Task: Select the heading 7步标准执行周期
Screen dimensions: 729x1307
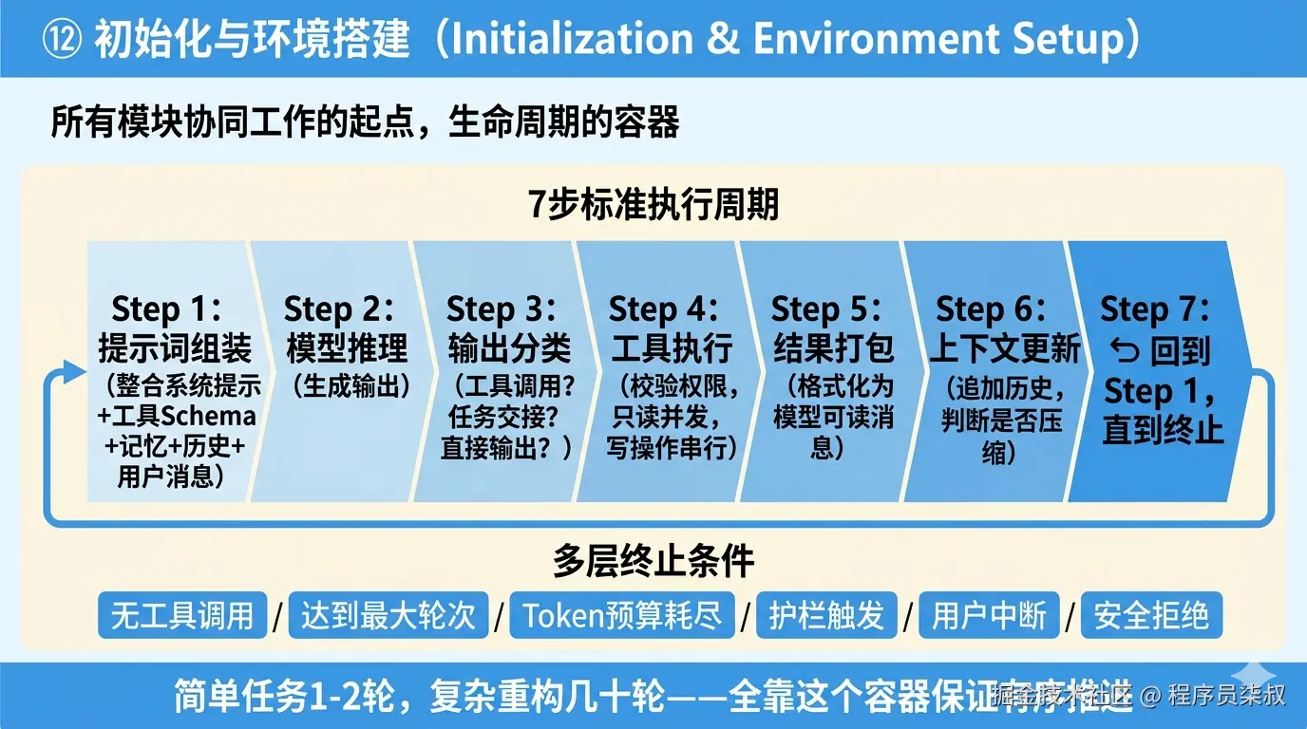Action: click(x=653, y=204)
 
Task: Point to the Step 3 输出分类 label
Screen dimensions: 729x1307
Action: click(x=508, y=329)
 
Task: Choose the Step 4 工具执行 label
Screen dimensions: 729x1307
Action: click(x=671, y=329)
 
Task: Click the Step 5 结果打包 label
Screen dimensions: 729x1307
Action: click(x=833, y=329)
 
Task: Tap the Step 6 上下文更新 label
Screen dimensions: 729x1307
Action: click(x=1004, y=329)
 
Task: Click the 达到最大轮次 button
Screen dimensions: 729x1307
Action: click(x=388, y=616)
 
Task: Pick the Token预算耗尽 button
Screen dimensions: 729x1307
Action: click(x=622, y=616)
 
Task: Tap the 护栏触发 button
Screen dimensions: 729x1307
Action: click(x=826, y=616)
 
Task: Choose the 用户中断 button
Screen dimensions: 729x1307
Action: click(x=989, y=616)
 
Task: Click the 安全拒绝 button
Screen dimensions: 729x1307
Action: click(x=1151, y=616)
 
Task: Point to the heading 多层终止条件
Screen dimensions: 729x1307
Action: click(x=653, y=561)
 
